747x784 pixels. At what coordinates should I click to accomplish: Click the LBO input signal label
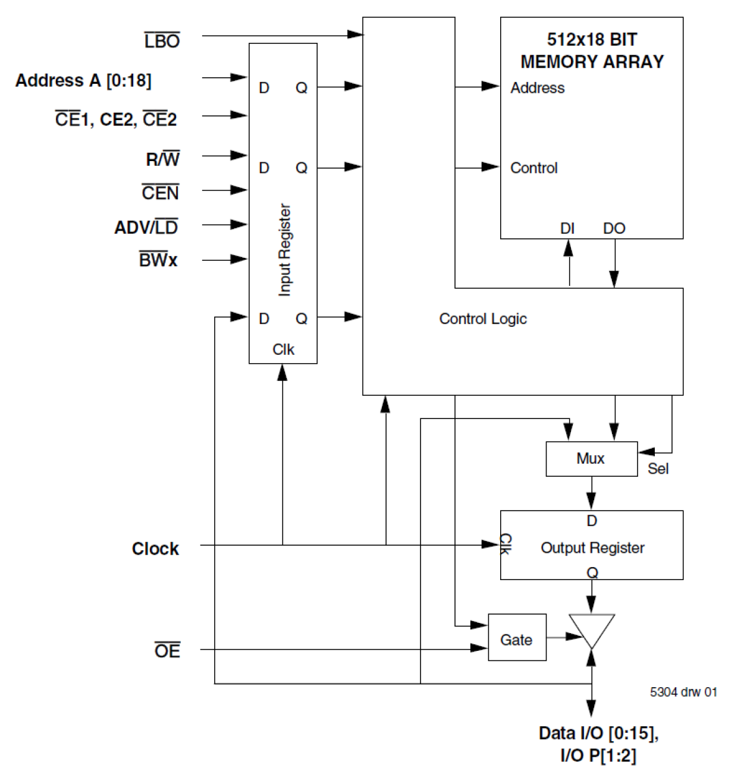[x=162, y=41]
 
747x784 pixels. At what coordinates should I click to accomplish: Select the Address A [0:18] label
[x=83, y=80]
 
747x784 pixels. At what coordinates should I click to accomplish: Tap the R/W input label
[x=162, y=159]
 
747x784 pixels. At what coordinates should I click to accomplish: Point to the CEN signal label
[x=160, y=193]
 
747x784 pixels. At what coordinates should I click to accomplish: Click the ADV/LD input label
[x=146, y=227]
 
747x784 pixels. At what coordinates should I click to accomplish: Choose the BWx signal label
[x=158, y=260]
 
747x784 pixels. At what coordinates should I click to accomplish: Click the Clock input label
[x=155, y=548]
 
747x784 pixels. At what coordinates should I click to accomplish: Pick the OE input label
[x=167, y=651]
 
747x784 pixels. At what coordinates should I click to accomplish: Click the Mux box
[x=591, y=458]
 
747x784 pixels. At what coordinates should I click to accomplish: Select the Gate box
[x=516, y=640]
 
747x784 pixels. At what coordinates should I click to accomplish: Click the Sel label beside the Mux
[x=658, y=469]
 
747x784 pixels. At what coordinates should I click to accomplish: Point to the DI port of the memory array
[x=567, y=228]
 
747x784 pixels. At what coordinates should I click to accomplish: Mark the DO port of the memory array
[x=614, y=228]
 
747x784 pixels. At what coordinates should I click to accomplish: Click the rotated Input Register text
[x=285, y=250]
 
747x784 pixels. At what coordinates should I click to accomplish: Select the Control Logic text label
[x=482, y=319]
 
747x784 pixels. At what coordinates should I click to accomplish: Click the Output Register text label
[x=592, y=548]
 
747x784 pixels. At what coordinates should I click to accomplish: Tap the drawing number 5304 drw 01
[x=683, y=692]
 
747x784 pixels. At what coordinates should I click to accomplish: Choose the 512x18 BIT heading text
[x=591, y=40]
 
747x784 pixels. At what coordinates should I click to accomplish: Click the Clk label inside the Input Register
[x=283, y=350]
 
